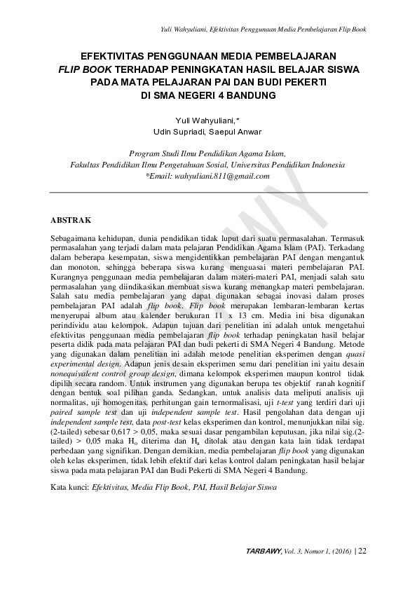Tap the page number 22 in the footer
(362, 551)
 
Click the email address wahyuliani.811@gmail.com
(212, 177)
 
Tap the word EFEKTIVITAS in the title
(116, 56)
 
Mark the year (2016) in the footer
(339, 551)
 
